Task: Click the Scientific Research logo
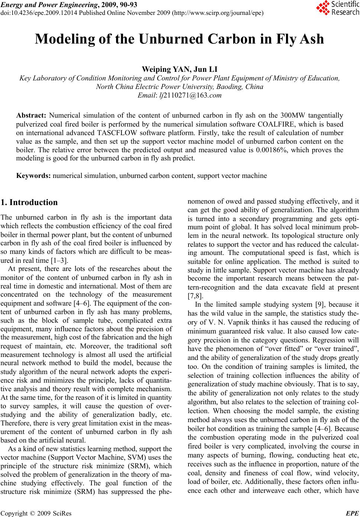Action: click(337, 8)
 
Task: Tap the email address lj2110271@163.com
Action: click(190, 95)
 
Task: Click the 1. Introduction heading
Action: click(29, 203)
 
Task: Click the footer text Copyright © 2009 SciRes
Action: click(36, 513)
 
